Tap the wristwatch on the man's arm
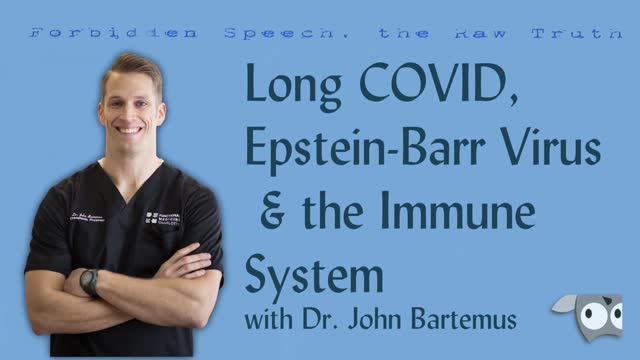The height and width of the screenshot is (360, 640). click(91, 282)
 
